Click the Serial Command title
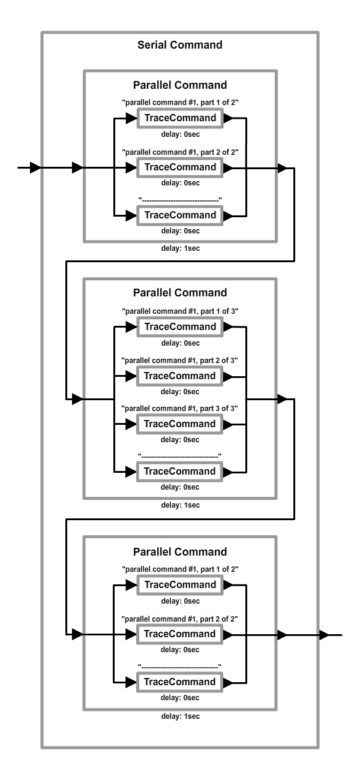tap(179, 45)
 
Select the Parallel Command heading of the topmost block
tap(180, 85)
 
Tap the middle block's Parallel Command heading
tap(180, 293)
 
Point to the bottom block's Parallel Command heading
tap(180, 551)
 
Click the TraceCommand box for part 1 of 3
tap(180, 326)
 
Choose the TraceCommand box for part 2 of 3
tap(179, 376)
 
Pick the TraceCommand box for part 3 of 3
tap(179, 424)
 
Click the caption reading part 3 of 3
tap(179, 408)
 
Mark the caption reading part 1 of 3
tap(180, 311)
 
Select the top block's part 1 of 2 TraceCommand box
tap(180, 118)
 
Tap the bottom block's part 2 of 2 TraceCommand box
tap(179, 634)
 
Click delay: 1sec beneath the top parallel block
tap(181, 248)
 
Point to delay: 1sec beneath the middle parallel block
tap(181, 505)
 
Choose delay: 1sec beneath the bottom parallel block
tap(181, 716)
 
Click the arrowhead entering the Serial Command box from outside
tap(35, 167)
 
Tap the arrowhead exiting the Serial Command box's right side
tap(324, 635)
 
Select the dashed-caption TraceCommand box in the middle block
tap(179, 472)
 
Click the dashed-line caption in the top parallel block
tap(180, 200)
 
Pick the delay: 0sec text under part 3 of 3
tap(180, 439)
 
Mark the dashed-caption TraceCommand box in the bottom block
tap(179, 682)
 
